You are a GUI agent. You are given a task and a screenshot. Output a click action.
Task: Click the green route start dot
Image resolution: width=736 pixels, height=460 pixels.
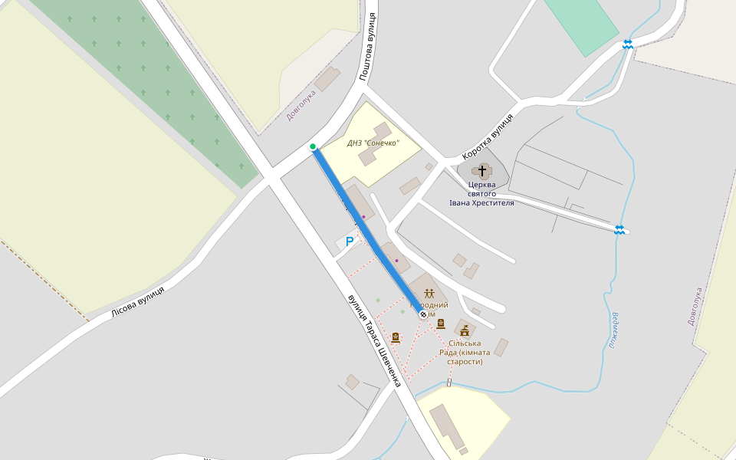(x=313, y=146)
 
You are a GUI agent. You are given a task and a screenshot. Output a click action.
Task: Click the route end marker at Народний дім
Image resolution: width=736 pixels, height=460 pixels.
(x=423, y=314)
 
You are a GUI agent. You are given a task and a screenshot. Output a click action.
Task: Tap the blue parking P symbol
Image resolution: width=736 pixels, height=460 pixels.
(x=350, y=242)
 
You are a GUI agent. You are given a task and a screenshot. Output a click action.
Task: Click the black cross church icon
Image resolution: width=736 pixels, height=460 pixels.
(x=482, y=170)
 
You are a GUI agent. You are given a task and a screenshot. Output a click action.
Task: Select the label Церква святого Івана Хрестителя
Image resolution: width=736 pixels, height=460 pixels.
(x=481, y=193)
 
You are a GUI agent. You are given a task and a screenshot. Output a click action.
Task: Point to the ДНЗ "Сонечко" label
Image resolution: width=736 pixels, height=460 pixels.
(x=373, y=143)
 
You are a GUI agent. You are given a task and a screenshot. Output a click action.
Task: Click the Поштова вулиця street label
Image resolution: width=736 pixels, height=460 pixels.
(x=369, y=47)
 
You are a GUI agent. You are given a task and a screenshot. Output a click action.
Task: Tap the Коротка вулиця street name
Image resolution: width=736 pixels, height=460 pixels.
(x=488, y=137)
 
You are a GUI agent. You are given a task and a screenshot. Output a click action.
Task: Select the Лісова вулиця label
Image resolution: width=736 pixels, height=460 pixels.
(x=138, y=301)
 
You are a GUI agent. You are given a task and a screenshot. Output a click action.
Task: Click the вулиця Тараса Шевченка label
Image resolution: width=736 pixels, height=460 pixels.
(x=374, y=340)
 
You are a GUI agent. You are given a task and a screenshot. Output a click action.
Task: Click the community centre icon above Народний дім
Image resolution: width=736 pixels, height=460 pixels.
(x=429, y=293)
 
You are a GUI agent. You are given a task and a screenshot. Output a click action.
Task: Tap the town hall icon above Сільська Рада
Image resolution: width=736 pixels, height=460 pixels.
(x=464, y=331)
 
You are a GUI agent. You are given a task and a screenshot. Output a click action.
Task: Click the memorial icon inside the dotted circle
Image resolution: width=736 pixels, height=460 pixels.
(x=396, y=337)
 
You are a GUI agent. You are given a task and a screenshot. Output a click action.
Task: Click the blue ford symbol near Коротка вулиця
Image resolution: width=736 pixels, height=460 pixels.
(x=619, y=230)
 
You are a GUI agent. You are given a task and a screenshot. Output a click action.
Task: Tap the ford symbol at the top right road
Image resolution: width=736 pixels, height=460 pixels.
(x=628, y=44)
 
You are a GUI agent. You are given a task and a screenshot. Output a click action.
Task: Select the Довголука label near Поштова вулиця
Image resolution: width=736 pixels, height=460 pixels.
(x=301, y=105)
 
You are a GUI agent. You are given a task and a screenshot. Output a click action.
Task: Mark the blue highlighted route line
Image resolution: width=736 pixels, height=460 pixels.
(x=368, y=230)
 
